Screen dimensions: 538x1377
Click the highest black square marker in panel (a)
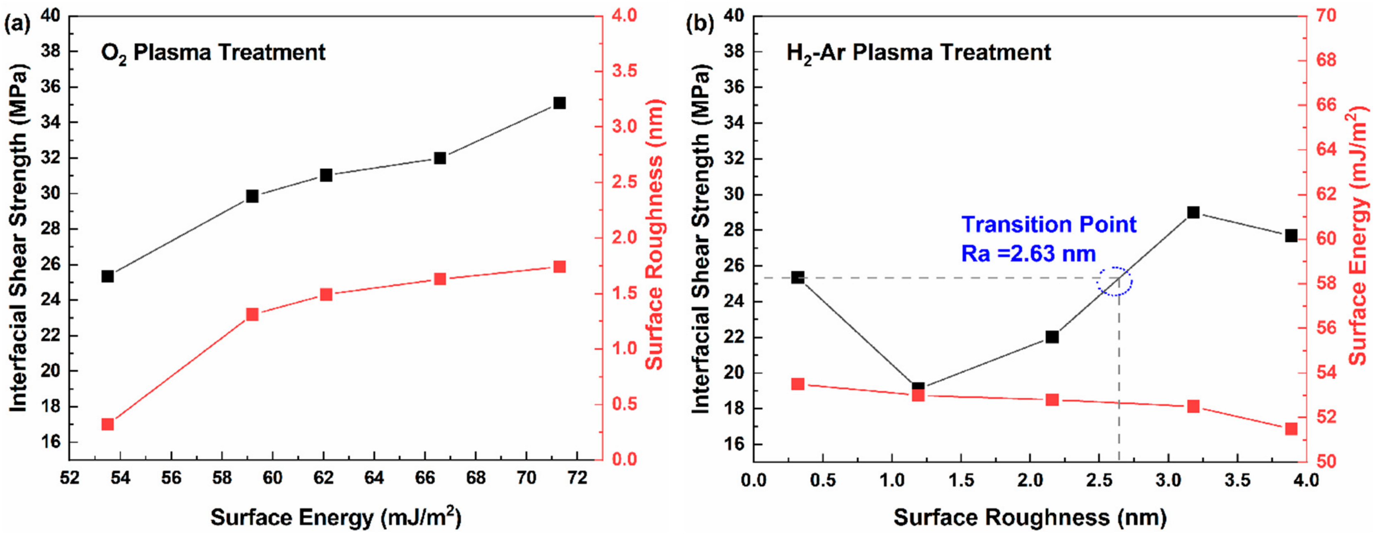click(x=559, y=103)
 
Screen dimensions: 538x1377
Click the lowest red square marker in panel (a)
click(x=107, y=424)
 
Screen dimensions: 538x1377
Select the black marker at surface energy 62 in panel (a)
click(x=326, y=175)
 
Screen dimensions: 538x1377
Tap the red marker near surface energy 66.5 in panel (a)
click(x=440, y=279)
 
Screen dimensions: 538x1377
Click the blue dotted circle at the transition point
click(x=1115, y=281)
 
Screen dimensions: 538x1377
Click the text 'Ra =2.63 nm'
click(x=1028, y=253)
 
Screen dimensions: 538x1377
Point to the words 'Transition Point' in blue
click(x=1049, y=224)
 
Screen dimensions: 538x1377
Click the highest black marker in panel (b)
click(x=1193, y=212)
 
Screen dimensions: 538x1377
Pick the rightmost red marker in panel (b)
click(x=1291, y=429)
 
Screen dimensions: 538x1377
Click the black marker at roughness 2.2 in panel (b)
click(x=1052, y=336)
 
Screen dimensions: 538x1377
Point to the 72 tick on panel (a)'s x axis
click(x=577, y=477)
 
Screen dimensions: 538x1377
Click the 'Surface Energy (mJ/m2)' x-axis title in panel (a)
click(x=336, y=518)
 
